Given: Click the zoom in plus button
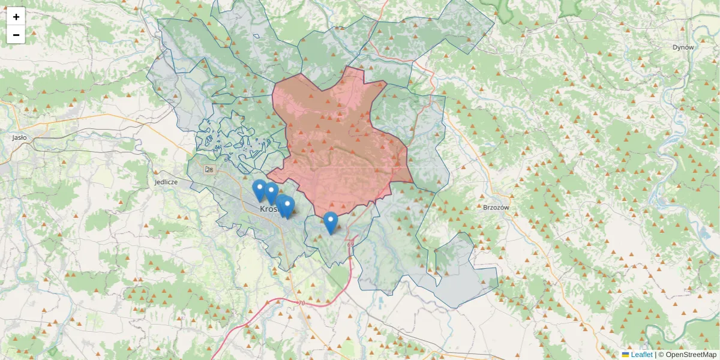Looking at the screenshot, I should [x=16, y=17].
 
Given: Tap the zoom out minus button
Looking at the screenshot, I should [x=16, y=35].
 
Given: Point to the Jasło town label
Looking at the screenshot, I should [x=19, y=137].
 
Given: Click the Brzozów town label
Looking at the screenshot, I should [x=496, y=208].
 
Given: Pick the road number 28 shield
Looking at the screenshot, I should [x=209, y=170].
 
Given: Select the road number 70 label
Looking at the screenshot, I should [x=301, y=304].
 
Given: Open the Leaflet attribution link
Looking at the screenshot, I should [x=641, y=355].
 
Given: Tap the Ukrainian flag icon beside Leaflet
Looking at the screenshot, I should [x=626, y=355].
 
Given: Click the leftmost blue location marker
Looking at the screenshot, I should [x=259, y=190].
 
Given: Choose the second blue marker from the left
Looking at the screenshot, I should [x=271, y=193].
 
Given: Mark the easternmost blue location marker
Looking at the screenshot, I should [x=330, y=222].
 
